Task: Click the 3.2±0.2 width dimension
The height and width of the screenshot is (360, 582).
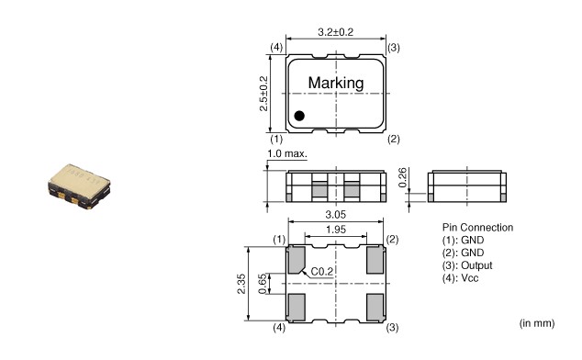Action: (336, 32)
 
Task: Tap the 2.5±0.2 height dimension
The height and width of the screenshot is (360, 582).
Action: (263, 94)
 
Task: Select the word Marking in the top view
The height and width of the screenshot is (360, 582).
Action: (336, 83)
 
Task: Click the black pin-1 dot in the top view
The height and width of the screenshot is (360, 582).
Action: (299, 116)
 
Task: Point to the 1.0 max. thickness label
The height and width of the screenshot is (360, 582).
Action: (287, 153)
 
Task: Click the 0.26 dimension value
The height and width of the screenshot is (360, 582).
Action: (403, 177)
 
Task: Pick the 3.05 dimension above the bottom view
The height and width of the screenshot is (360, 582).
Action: (336, 214)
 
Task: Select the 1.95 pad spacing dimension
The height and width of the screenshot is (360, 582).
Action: (336, 230)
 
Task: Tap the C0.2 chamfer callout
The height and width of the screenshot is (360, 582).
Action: (322, 272)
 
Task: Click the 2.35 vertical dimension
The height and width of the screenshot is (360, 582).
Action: (241, 284)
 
